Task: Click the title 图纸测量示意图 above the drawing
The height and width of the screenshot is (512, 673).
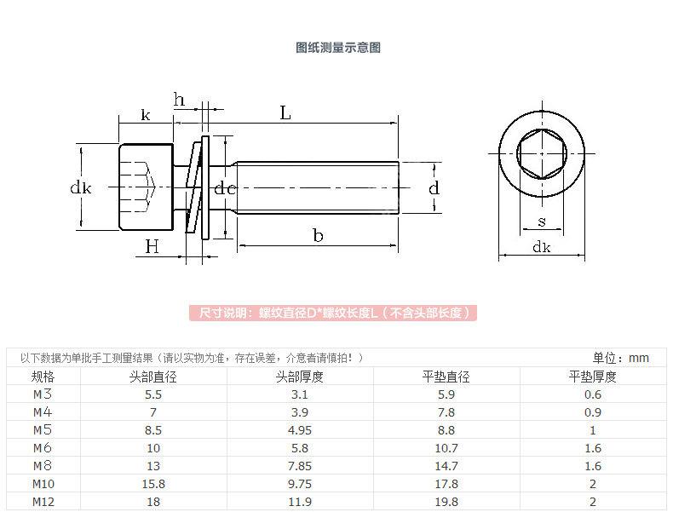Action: (337, 48)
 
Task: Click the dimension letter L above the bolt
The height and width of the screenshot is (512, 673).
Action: (285, 112)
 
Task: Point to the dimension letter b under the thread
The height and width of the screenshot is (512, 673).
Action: (317, 236)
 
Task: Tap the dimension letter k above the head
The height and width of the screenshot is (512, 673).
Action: (145, 113)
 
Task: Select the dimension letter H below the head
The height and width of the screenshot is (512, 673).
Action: (152, 246)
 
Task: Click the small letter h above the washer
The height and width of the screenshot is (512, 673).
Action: (180, 100)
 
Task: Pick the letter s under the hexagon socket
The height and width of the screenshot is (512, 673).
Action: (542, 222)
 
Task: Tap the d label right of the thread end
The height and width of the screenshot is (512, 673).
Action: (433, 187)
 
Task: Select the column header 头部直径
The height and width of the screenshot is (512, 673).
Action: (152, 377)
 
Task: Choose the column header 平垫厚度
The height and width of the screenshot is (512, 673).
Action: (593, 377)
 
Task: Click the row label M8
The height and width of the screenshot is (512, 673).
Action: (43, 466)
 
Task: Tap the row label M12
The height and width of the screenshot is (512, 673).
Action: (43, 502)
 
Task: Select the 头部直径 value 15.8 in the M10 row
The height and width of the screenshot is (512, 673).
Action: (152, 484)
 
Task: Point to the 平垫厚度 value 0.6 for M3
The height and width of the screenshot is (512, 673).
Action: (593, 394)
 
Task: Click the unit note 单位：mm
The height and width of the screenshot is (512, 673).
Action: (620, 358)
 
